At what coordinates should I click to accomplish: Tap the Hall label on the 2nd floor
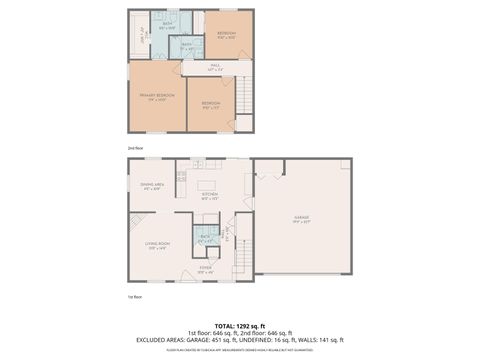[215, 68]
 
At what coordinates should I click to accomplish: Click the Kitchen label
[210, 195]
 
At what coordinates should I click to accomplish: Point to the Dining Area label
[152, 185]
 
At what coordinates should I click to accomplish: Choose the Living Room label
[157, 245]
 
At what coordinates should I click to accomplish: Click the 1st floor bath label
[205, 238]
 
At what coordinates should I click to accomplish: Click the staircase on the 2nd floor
[240, 100]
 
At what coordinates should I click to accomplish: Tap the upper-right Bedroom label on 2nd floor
[227, 35]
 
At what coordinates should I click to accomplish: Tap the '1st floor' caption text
[134, 296]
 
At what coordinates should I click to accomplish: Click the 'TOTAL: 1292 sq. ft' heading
[240, 325]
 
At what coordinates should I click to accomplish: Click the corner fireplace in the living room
[133, 222]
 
